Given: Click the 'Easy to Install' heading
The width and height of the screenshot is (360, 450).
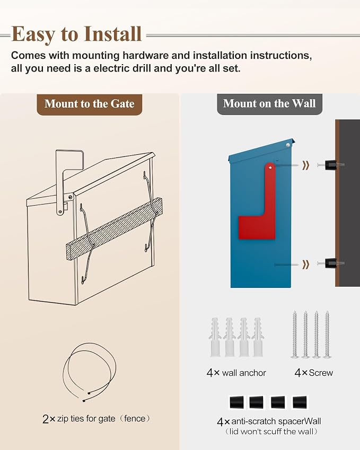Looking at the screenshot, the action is [x=77, y=34].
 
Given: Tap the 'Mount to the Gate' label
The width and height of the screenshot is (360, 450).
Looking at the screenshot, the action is [x=89, y=104].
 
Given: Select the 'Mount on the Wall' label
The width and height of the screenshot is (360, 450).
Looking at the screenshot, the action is [x=269, y=103].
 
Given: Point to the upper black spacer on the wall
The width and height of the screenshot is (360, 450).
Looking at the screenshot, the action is [x=331, y=165].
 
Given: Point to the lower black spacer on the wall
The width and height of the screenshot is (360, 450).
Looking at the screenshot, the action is [x=331, y=263].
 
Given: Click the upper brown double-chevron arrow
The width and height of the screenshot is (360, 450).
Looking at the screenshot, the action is [x=306, y=165].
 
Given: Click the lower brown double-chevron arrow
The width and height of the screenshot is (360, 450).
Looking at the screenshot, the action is [x=306, y=264].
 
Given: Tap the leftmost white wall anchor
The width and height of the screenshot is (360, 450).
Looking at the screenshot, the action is [x=215, y=337].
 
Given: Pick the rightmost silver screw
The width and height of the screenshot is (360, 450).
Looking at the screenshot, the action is [x=327, y=334].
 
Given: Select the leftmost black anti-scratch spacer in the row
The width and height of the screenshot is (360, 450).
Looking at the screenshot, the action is [x=236, y=402].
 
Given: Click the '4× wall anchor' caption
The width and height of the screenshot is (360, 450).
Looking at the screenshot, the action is [x=236, y=373].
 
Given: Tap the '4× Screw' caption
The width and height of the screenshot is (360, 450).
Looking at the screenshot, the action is [x=313, y=373].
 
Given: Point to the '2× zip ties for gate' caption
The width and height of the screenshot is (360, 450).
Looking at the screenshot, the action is [x=86, y=419].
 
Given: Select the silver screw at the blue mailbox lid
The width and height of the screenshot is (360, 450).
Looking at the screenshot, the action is [x=287, y=145].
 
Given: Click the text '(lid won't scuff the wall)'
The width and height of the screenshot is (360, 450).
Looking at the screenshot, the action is [x=271, y=431].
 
